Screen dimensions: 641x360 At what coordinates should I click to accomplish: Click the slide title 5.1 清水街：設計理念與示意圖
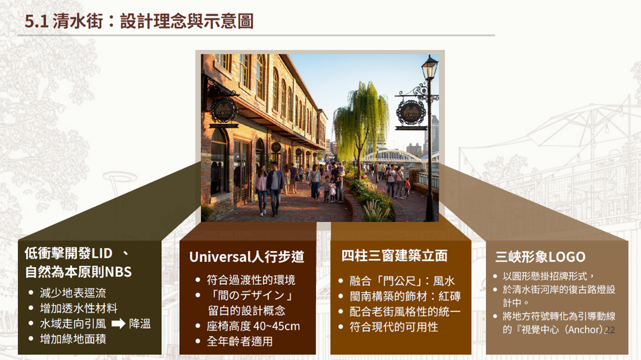click(139, 21)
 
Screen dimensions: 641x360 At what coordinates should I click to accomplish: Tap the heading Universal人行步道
click(247, 257)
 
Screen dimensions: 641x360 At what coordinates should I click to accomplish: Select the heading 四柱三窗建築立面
click(394, 256)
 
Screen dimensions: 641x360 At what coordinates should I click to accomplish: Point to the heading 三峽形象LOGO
click(540, 257)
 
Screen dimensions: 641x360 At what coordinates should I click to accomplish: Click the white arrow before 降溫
click(118, 324)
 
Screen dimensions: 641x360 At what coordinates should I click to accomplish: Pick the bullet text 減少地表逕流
click(73, 293)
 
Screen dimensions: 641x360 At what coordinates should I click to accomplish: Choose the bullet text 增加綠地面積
click(73, 339)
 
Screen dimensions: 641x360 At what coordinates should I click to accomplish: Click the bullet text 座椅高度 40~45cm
click(253, 326)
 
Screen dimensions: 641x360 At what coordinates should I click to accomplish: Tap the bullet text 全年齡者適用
click(240, 341)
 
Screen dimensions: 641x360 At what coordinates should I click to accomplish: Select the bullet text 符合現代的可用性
click(394, 327)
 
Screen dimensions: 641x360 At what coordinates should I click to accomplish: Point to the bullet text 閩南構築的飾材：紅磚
click(404, 296)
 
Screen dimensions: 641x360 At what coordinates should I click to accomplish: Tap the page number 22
click(609, 330)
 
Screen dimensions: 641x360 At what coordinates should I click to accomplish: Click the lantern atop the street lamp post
click(430, 67)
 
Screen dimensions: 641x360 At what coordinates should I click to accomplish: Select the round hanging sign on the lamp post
click(410, 112)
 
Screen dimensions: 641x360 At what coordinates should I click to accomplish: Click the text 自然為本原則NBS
click(78, 272)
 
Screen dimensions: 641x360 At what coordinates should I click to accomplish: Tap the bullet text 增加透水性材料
click(78, 308)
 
